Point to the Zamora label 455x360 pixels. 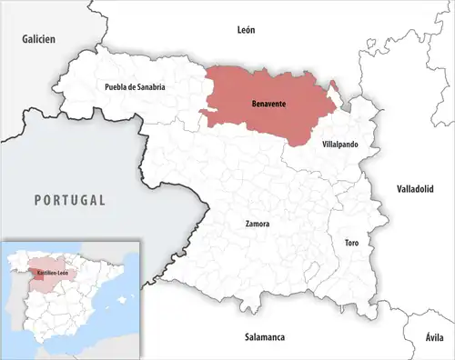(x=258, y=223)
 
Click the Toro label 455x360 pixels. (x=351, y=244)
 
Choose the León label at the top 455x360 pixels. (x=246, y=30)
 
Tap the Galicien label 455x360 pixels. (x=40, y=39)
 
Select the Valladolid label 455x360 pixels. (x=416, y=188)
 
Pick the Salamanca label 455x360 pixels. (x=265, y=337)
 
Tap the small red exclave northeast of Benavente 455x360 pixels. (x=332, y=86)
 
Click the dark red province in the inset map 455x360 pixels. (x=36, y=268)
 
